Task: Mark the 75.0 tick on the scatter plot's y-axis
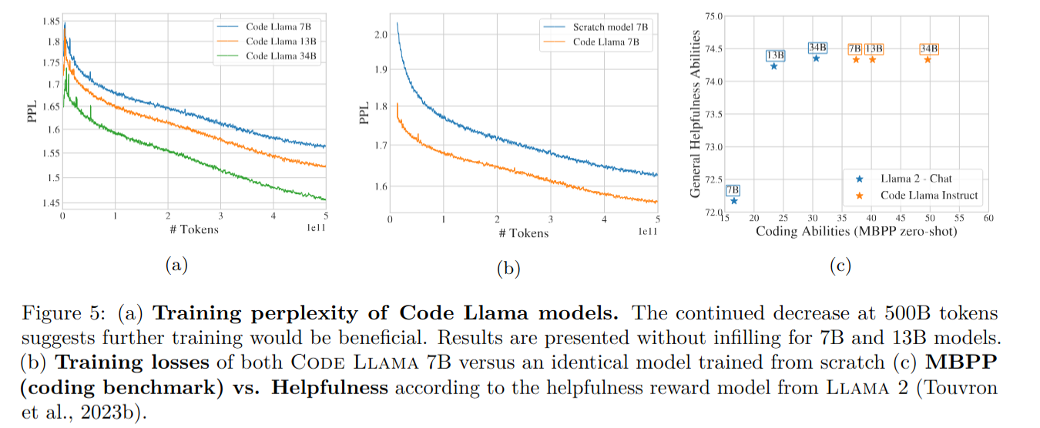tap(713, 15)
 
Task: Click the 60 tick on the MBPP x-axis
tap(988, 219)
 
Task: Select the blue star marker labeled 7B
tap(733, 201)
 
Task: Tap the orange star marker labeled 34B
tap(928, 59)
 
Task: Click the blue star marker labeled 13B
tap(774, 66)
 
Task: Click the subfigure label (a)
tap(176, 266)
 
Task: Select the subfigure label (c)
tap(839, 266)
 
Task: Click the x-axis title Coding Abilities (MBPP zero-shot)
tap(856, 231)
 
